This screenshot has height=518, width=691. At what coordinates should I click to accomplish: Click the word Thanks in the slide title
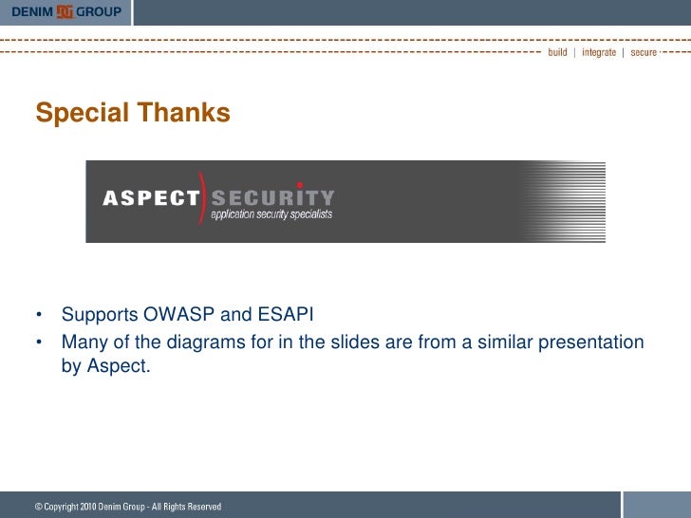tap(184, 114)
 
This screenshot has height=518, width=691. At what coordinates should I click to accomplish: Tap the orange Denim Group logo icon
tap(65, 11)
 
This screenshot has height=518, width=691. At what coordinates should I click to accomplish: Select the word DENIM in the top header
tap(31, 11)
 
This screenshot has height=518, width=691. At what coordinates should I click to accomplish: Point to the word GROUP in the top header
tap(99, 11)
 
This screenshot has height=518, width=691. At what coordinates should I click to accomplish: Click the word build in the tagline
tap(557, 52)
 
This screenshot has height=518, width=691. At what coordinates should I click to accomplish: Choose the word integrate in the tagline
tap(599, 52)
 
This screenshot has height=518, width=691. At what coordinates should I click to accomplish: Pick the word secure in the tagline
tap(644, 52)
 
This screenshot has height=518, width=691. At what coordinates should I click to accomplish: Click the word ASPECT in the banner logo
tap(151, 198)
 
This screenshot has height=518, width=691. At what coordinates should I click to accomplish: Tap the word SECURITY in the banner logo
tap(272, 198)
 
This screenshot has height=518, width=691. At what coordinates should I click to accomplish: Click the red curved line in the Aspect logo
tap(202, 196)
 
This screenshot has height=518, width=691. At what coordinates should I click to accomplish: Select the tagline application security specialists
tap(271, 215)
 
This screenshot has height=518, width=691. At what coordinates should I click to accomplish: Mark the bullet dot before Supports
tap(40, 315)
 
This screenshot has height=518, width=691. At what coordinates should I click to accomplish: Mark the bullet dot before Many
tap(40, 342)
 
